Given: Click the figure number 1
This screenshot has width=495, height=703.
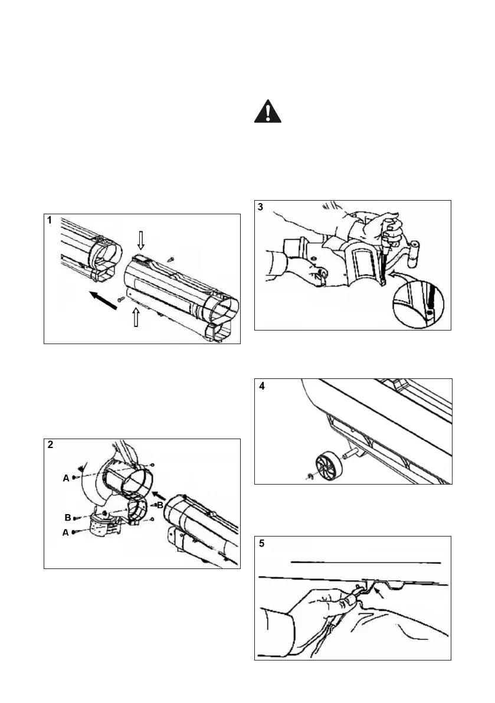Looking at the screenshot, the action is pos(51,220).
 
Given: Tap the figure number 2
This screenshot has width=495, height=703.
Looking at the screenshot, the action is pos(51,445).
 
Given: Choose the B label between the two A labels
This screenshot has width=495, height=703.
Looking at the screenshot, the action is pos(68,517).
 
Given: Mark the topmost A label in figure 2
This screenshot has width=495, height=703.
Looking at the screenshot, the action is pos(66,479).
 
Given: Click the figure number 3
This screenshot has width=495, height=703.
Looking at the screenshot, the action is pos(261,207).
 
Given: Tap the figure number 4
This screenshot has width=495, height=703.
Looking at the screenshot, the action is pos(261,387).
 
